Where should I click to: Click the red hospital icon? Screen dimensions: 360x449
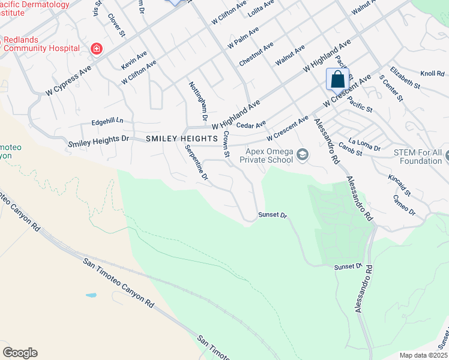[95, 49]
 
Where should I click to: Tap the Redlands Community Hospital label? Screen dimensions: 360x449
[41, 44]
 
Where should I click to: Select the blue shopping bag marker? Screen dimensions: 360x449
[338, 79]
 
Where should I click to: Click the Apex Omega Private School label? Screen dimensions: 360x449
[267, 155]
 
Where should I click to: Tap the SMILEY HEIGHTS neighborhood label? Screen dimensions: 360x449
[181, 139]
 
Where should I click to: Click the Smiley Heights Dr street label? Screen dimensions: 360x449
[99, 142]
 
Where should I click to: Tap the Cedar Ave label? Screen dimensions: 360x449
[251, 125]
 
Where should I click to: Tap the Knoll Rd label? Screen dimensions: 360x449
[432, 74]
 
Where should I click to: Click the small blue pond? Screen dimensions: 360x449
[91, 296]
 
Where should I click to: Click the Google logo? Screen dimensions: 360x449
[20, 353]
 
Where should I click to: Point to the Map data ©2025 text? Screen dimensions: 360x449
[423, 355]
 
